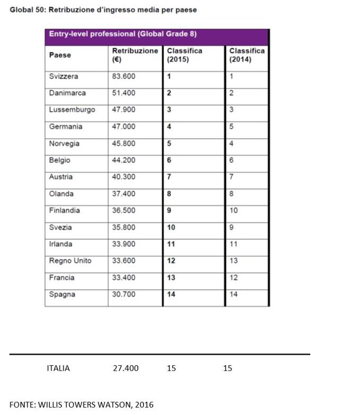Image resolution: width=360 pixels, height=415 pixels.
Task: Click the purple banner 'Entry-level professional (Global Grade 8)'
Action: [x=123, y=34]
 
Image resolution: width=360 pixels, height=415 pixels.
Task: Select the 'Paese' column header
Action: [x=60, y=55]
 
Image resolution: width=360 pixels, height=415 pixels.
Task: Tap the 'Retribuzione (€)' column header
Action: [x=134, y=55]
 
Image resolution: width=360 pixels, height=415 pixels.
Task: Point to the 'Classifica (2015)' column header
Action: [x=184, y=55]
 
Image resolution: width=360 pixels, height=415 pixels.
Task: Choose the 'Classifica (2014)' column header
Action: [x=247, y=55]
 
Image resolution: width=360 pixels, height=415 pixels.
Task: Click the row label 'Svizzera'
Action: [x=64, y=76]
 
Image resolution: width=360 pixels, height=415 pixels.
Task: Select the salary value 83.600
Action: [x=124, y=76]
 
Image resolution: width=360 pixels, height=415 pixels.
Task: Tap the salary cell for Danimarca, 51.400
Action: [x=124, y=93]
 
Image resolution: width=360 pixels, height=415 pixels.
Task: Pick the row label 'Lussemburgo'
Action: [x=72, y=110]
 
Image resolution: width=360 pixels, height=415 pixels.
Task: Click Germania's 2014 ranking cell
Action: [x=232, y=127]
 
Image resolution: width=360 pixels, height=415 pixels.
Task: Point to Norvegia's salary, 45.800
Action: [x=124, y=143]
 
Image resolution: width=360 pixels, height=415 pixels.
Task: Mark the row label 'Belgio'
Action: [x=60, y=160]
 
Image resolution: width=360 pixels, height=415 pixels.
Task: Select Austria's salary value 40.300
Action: [x=124, y=177]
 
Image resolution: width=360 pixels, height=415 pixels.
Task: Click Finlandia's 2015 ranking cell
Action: [x=169, y=211]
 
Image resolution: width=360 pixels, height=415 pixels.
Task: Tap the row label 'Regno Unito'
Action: [x=70, y=261]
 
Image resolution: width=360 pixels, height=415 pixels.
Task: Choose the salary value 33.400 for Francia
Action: [x=124, y=278]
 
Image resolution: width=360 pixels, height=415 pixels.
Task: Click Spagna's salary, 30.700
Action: [x=124, y=295]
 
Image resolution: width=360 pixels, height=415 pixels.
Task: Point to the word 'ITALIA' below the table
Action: [x=58, y=368]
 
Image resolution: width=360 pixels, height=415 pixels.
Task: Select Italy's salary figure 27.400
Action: [x=125, y=368]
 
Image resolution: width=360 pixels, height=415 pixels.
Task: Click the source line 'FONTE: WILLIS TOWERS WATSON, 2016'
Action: [x=82, y=405]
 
